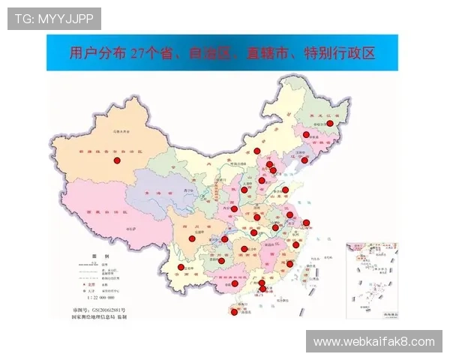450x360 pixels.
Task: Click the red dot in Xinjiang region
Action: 117,160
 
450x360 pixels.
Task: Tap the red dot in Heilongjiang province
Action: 329,123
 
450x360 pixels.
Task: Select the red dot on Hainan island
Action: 234,312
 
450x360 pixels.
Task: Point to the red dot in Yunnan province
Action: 180,267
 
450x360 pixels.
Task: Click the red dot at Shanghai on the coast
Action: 306,223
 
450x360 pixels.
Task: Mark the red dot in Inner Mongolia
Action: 256,151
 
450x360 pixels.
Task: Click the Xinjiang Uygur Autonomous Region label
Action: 113,152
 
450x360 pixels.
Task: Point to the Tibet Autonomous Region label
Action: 103,212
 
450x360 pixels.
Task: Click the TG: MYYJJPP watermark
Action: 54,18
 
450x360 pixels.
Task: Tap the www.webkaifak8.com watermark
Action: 373,341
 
